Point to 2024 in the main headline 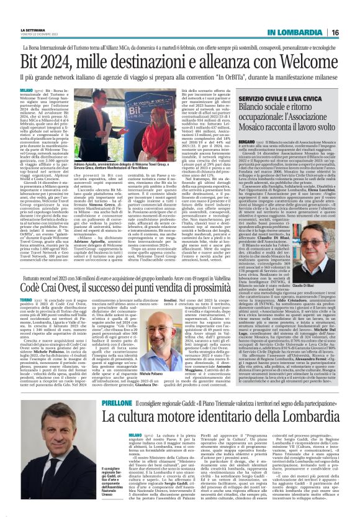point(66,65)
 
